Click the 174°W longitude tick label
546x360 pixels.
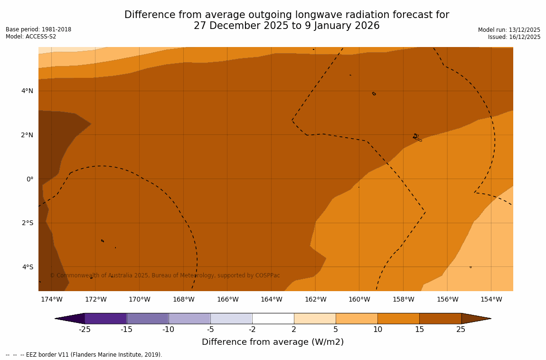[51, 299]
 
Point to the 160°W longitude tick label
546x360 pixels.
[359, 299]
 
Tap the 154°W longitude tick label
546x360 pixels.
[491, 299]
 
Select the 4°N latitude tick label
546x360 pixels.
[27, 91]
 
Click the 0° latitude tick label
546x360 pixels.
[29, 179]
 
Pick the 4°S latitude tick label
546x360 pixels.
[28, 267]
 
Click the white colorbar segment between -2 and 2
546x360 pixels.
[273, 318]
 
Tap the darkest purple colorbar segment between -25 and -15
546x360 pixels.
[105, 318]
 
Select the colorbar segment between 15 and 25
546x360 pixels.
[440, 318]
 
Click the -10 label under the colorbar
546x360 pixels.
[168, 329]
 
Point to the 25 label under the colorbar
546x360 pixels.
[461, 329]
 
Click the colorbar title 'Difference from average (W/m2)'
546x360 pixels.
[273, 342]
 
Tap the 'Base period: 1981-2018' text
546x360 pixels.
[38, 29]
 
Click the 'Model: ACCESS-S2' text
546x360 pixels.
[31, 37]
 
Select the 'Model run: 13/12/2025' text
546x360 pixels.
[509, 30]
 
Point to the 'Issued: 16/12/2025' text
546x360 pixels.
[514, 37]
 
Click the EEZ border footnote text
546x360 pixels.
[84, 355]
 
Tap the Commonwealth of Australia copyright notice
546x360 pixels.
[165, 275]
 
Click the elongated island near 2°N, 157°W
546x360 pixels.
[417, 138]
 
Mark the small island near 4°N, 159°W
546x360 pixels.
[374, 94]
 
